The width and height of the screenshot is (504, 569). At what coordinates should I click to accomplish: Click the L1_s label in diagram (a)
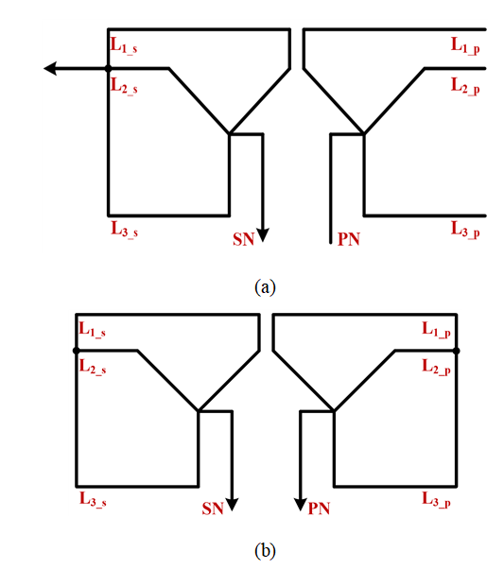tap(124, 45)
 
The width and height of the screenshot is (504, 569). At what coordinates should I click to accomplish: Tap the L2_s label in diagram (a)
tap(124, 86)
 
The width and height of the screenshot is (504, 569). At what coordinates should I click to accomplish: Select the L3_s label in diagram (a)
tap(124, 229)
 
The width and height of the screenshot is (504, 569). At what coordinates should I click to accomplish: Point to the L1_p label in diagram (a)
tap(465, 45)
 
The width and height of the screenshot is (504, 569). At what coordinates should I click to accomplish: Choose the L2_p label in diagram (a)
tap(465, 86)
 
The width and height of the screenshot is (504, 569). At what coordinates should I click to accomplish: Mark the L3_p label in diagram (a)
tap(465, 230)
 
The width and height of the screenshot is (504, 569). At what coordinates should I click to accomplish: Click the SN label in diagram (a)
tap(243, 239)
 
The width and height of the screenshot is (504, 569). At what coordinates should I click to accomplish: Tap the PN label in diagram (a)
tap(349, 239)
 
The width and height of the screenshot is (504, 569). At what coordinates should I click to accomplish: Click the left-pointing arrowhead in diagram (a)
tap(50, 68)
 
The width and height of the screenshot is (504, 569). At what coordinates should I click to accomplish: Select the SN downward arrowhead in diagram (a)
tap(263, 235)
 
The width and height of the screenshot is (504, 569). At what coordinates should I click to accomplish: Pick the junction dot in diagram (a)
tap(108, 68)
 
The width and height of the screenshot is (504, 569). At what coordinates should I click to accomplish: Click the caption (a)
tap(265, 287)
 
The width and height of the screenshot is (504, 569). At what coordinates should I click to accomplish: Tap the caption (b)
tap(265, 551)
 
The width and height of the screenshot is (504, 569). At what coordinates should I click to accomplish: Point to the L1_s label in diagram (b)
tap(93, 330)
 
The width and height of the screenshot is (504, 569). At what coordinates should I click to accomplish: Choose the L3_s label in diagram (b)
tap(93, 499)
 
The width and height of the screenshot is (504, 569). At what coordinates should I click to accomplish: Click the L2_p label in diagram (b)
tap(436, 367)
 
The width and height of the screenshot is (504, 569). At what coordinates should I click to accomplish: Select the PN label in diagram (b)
tap(319, 509)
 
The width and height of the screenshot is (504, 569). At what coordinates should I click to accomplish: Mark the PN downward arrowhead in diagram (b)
tap(301, 505)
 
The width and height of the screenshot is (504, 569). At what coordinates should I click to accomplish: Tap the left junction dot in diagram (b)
tap(77, 351)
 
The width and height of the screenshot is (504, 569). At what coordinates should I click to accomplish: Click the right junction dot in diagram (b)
tap(457, 351)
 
